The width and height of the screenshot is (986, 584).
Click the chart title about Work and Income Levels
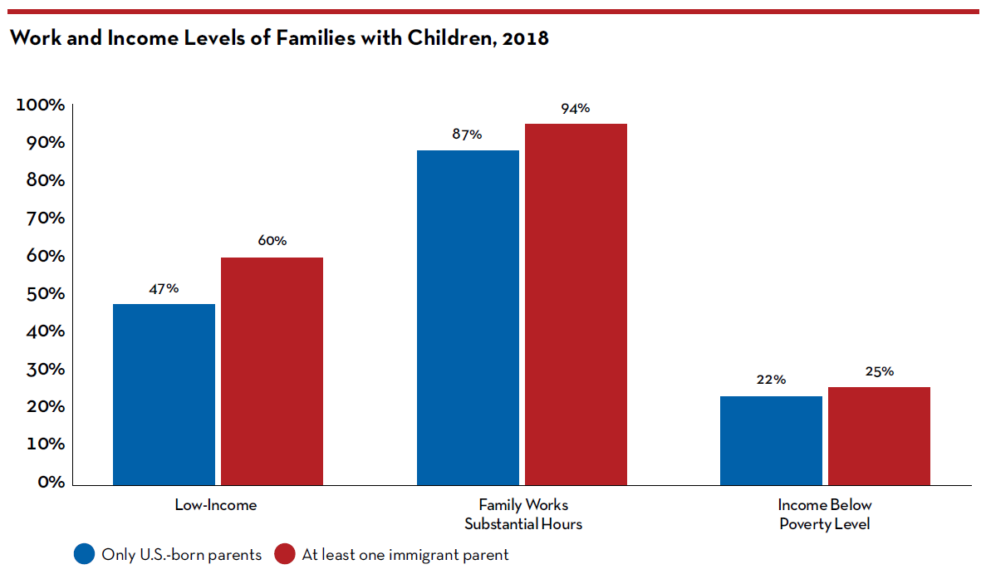coord(279,38)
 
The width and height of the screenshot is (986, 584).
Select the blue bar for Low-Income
coord(164,394)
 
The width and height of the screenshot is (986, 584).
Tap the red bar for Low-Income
coord(272,371)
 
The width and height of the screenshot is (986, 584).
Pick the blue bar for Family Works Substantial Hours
coord(468,317)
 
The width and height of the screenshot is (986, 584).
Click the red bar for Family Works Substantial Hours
coord(575,304)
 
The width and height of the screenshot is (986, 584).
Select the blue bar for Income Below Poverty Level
coord(771,440)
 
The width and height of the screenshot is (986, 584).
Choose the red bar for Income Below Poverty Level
coord(879,435)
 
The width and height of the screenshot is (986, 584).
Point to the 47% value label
coord(164,288)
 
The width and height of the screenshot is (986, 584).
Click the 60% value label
coord(272,241)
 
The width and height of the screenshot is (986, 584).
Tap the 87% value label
coord(468,135)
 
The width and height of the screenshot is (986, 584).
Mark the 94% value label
coord(575,108)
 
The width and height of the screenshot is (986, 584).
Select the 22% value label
coord(771,380)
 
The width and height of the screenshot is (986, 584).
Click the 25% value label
coord(879,371)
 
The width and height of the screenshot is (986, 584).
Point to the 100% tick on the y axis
coord(39,106)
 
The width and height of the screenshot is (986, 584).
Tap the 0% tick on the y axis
coord(50,482)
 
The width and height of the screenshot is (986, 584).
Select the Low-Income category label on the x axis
coord(216,504)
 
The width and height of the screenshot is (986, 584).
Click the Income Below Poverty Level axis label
coord(825,514)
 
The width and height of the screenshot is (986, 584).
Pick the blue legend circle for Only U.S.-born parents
coord(85,554)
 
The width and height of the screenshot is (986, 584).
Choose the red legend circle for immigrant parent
coord(285,554)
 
